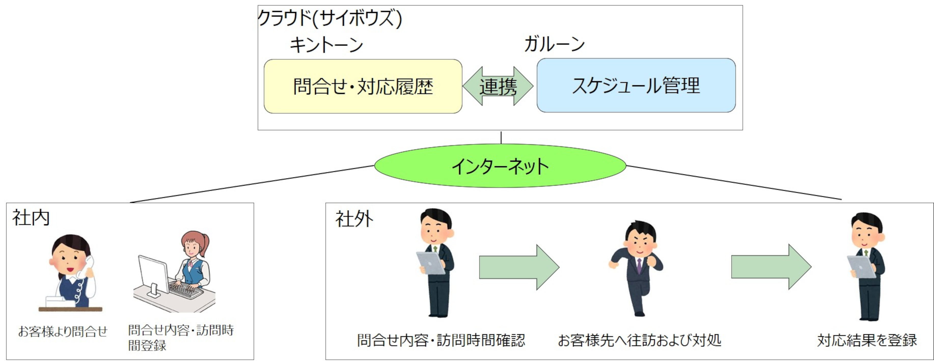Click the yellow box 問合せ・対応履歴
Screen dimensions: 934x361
tap(363, 86)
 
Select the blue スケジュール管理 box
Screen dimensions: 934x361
tap(636, 86)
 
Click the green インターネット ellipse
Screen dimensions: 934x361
tap(500, 166)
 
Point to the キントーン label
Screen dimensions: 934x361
tap(326, 45)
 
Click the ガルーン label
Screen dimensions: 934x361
tap(554, 44)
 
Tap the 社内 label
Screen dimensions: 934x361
tap(31, 218)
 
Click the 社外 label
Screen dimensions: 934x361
tap(354, 219)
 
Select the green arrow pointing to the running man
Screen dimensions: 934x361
tap(519, 267)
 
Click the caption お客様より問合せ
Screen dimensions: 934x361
tap(63, 331)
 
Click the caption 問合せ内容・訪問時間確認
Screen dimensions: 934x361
tap(441, 340)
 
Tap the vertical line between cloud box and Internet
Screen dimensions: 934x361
tap(501, 137)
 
